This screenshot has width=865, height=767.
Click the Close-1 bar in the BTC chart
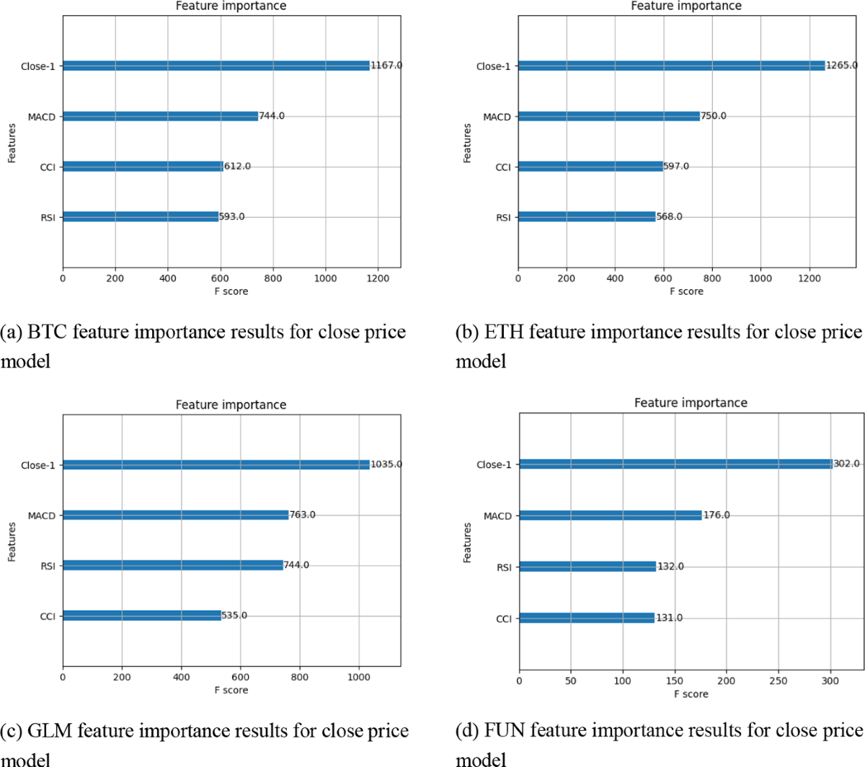click(x=216, y=66)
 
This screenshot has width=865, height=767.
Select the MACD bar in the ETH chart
click(x=609, y=116)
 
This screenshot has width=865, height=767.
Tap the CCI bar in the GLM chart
click(x=142, y=616)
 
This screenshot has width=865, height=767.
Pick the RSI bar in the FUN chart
click(x=587, y=567)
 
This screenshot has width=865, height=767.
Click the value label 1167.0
click(x=386, y=66)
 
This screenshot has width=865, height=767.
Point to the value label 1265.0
click(x=842, y=66)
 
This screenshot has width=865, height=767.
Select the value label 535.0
click(x=234, y=616)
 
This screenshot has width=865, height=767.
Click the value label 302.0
click(x=846, y=464)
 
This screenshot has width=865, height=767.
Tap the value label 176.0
click(x=717, y=515)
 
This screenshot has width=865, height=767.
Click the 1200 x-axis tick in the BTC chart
click(x=378, y=278)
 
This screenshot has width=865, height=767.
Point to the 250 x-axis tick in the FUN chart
click(x=778, y=680)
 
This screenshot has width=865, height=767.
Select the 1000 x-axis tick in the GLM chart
click(x=358, y=677)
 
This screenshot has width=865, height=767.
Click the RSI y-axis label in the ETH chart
click(x=503, y=218)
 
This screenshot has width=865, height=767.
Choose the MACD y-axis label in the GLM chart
click(x=42, y=515)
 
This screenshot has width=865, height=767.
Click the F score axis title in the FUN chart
click(x=691, y=693)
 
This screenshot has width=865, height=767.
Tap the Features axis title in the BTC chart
click(x=12, y=143)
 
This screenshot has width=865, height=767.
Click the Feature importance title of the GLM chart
click(x=231, y=405)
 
